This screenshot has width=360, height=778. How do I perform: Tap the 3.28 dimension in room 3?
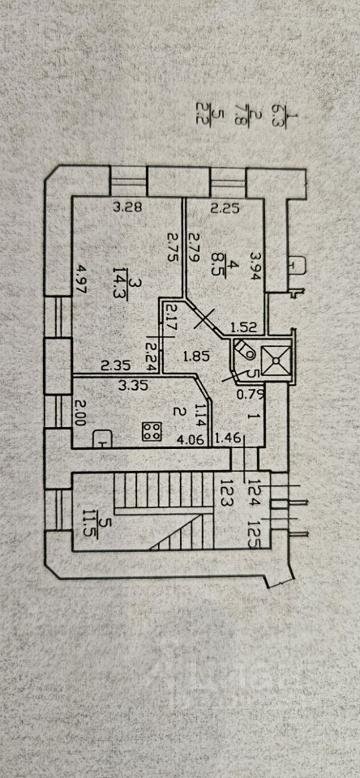(x=127, y=207)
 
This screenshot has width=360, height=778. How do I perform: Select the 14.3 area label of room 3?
(x=120, y=284)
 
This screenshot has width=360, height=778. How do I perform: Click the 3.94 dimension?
(x=255, y=266)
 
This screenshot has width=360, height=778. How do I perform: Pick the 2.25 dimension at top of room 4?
(x=225, y=209)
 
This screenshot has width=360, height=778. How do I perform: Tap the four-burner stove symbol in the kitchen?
(x=152, y=430)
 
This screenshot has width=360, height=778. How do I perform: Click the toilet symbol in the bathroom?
(x=244, y=349)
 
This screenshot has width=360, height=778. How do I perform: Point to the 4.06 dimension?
(x=191, y=438)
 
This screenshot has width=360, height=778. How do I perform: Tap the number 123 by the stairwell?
(x=228, y=492)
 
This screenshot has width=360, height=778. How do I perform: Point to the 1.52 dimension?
(x=243, y=327)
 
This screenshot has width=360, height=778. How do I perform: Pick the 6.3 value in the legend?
(x=279, y=115)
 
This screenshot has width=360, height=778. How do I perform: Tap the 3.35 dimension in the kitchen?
(x=133, y=386)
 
